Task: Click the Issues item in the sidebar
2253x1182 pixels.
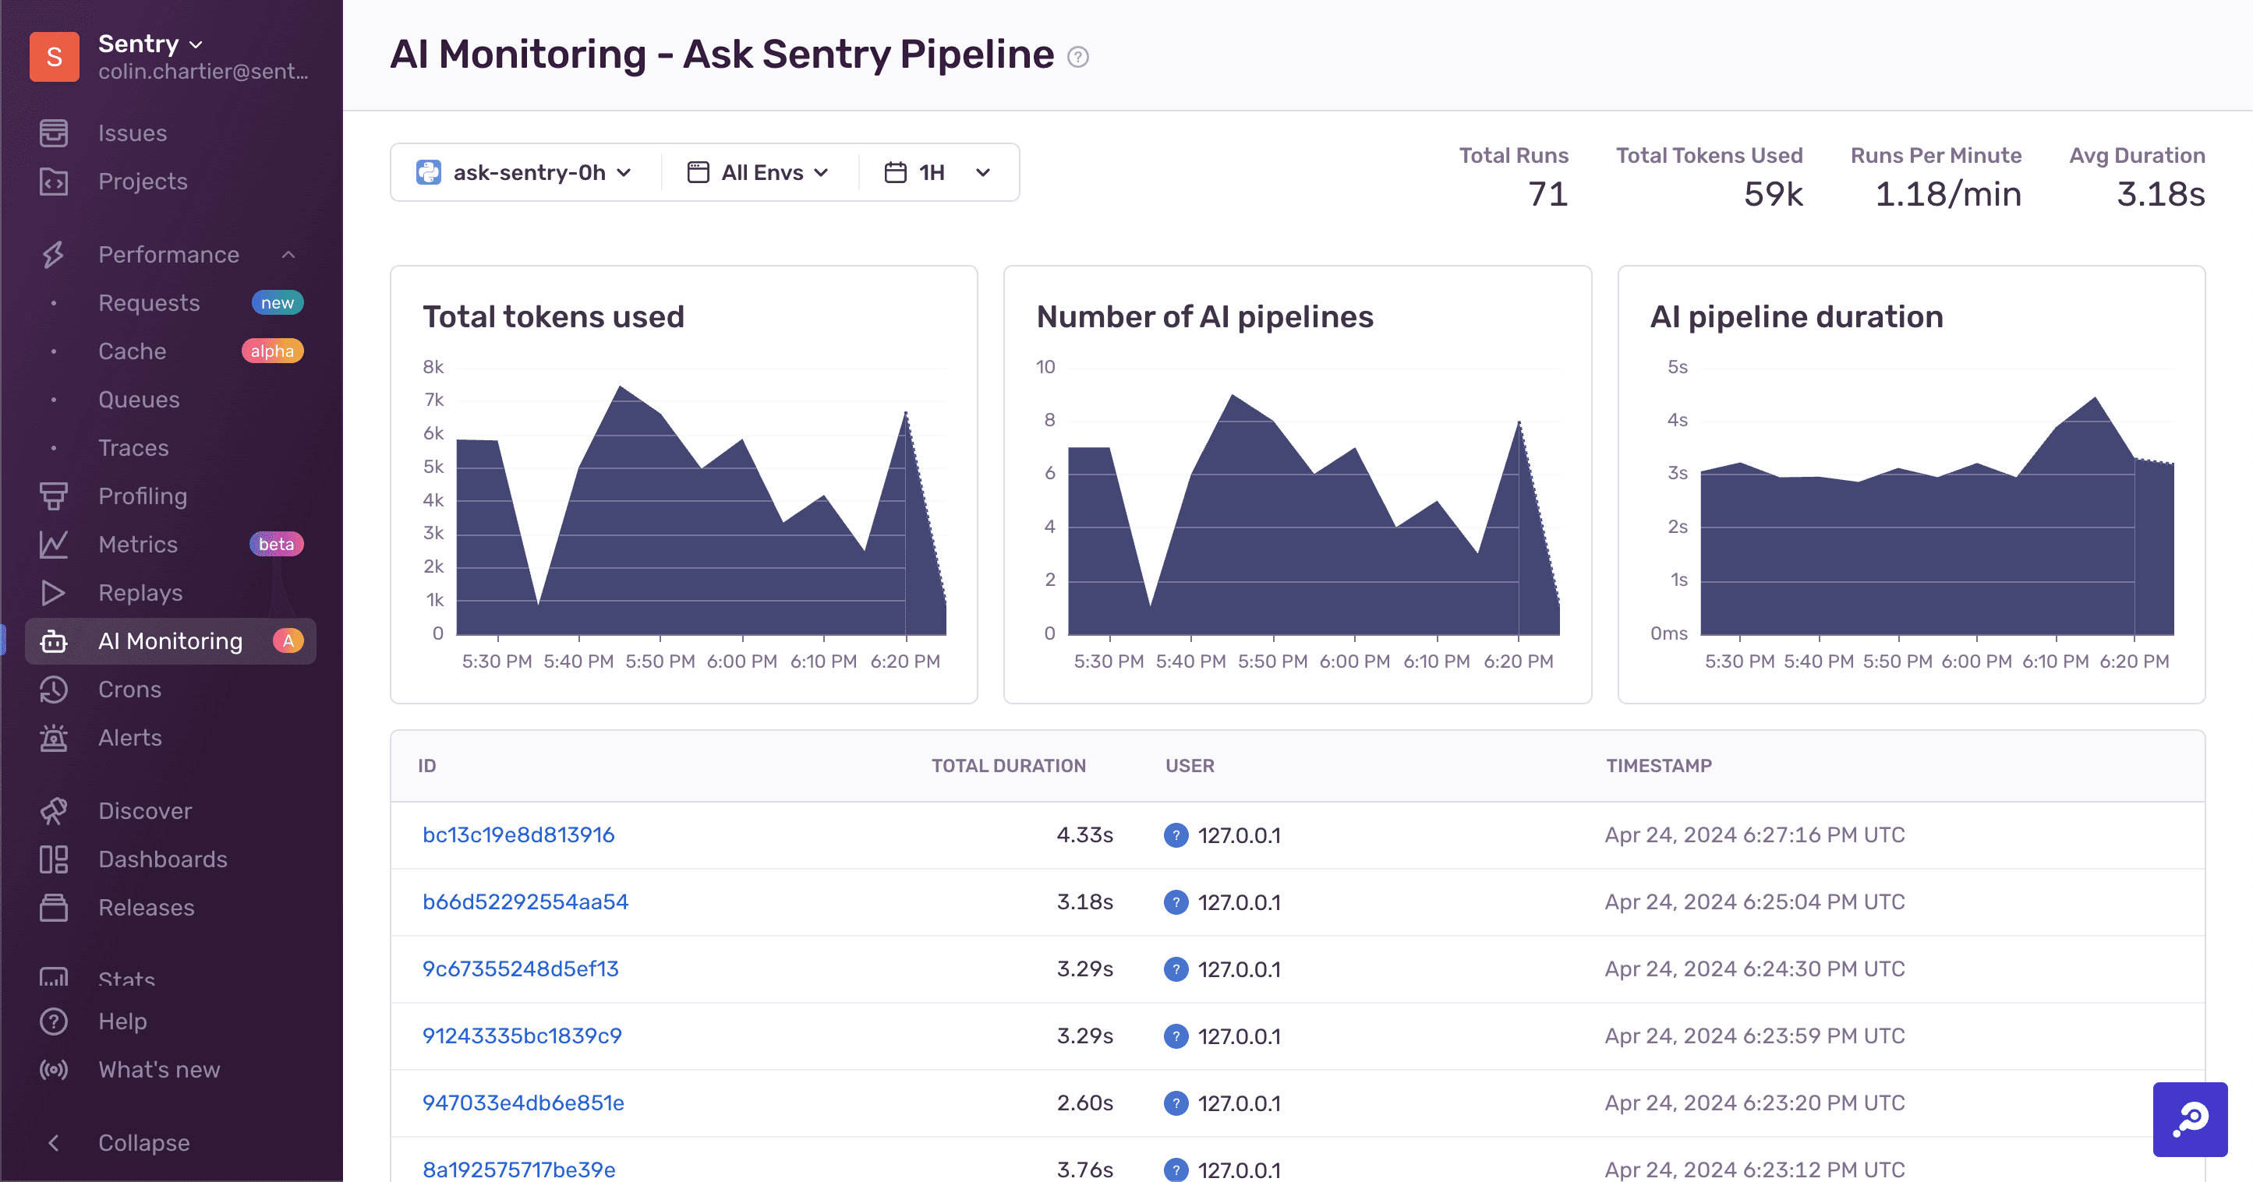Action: coord(131,133)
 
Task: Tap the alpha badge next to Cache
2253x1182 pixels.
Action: coord(272,351)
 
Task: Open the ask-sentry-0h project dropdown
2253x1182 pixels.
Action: coord(525,172)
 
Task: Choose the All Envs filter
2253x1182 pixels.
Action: coord(759,172)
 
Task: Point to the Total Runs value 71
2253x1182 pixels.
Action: coord(1547,194)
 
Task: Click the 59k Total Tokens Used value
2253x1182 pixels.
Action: coord(1773,194)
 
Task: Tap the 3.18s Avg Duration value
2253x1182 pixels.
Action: coord(2159,194)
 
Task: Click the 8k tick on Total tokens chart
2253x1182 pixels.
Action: coord(433,367)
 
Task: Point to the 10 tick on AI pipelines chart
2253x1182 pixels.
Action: coord(1045,367)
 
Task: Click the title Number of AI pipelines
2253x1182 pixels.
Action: coord(1204,316)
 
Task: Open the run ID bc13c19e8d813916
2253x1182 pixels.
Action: coord(518,835)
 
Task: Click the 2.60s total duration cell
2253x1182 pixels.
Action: coord(1084,1103)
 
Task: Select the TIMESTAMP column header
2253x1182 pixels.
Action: coord(1658,766)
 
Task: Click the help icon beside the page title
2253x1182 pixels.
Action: coord(1077,57)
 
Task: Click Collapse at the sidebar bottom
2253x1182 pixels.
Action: coord(143,1143)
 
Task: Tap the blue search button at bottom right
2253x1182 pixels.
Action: coord(2189,1119)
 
